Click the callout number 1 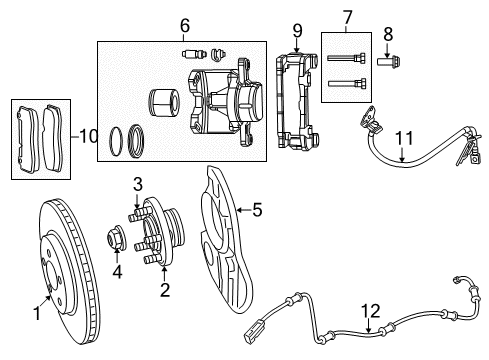pyautogui.click(x=37, y=314)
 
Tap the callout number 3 pyautogui.click(x=139, y=184)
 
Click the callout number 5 pyautogui.click(x=257, y=209)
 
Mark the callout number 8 pyautogui.click(x=388, y=33)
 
